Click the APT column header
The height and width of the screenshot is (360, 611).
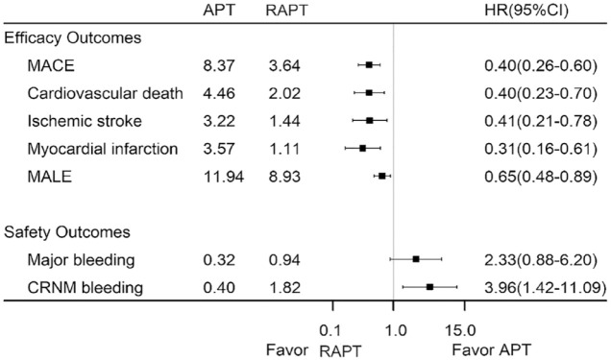pyautogui.click(x=219, y=11)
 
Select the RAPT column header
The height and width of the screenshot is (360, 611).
pyautogui.click(x=286, y=11)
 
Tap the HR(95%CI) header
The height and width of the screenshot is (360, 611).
pyautogui.click(x=526, y=11)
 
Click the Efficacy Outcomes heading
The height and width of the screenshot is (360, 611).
pyautogui.click(x=72, y=38)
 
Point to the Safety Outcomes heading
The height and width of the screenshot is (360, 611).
pyautogui.click(x=67, y=232)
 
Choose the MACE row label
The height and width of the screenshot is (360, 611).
pyautogui.click(x=51, y=66)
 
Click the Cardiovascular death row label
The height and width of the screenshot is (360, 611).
pyautogui.click(x=106, y=93)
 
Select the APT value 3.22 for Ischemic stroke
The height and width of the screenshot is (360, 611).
pyautogui.click(x=219, y=121)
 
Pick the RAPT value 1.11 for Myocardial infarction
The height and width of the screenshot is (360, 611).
pyautogui.click(x=284, y=149)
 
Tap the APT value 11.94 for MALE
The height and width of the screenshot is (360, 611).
pyautogui.click(x=223, y=177)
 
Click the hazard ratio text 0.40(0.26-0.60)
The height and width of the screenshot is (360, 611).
pyautogui.click(x=541, y=66)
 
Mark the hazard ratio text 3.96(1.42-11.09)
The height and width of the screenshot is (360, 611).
pyautogui.click(x=545, y=288)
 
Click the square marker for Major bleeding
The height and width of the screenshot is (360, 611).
pyautogui.click(x=416, y=259)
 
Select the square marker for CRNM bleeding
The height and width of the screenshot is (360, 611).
pyautogui.click(x=429, y=287)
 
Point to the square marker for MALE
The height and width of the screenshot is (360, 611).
pyautogui.click(x=382, y=177)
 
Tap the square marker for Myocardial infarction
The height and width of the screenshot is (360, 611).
pyautogui.click(x=362, y=148)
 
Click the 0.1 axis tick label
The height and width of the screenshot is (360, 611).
pyautogui.click(x=330, y=331)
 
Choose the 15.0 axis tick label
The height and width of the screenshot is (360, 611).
pyautogui.click(x=460, y=331)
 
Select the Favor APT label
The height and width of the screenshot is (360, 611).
pyautogui.click(x=491, y=349)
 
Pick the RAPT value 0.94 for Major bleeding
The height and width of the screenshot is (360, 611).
pyautogui.click(x=284, y=260)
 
